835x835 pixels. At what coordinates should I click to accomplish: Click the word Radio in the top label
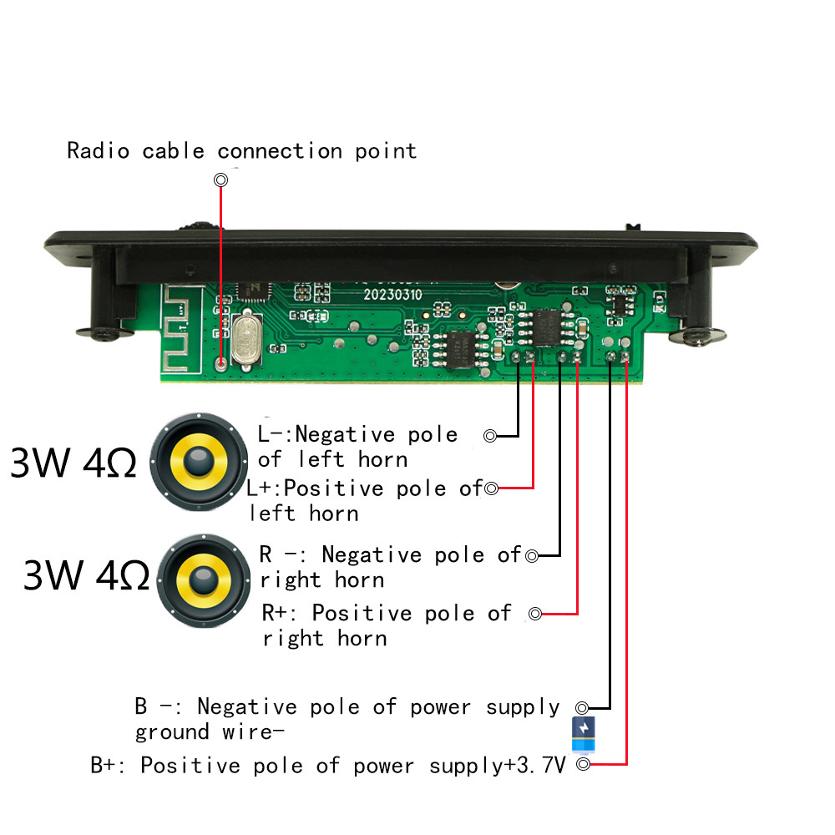pyautogui.click(x=98, y=150)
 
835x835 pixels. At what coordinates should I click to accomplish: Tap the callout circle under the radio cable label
pyautogui.click(x=221, y=180)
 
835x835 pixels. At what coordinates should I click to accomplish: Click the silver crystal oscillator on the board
pyautogui.click(x=246, y=341)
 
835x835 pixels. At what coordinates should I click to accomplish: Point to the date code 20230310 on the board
pyautogui.click(x=392, y=295)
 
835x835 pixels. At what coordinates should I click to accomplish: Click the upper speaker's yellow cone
pyautogui.click(x=199, y=462)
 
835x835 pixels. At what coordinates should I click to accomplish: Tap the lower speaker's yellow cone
pyautogui.click(x=203, y=581)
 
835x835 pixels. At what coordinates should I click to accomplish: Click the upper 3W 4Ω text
pyautogui.click(x=73, y=463)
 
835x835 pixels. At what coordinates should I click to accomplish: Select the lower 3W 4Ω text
pyautogui.click(x=86, y=575)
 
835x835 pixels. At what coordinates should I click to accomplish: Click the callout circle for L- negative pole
pyautogui.click(x=490, y=436)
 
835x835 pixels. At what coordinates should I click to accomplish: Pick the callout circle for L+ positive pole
pyautogui.click(x=492, y=488)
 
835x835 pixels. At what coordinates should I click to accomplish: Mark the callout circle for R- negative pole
pyautogui.click(x=531, y=556)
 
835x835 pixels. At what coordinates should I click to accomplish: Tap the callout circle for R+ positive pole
pyautogui.click(x=535, y=614)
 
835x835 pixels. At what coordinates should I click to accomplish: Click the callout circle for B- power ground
pyautogui.click(x=582, y=708)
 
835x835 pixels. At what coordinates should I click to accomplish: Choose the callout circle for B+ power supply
pyautogui.click(x=584, y=765)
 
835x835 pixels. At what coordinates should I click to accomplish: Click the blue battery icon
pyautogui.click(x=584, y=735)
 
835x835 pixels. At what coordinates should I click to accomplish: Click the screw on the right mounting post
pyautogui.click(x=697, y=337)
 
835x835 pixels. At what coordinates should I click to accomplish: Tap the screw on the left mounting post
pyautogui.click(x=105, y=334)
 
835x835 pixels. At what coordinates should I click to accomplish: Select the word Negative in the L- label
pyautogui.click(x=345, y=434)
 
